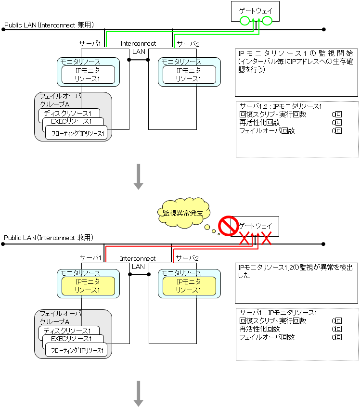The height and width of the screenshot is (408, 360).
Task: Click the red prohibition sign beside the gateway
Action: [229, 225]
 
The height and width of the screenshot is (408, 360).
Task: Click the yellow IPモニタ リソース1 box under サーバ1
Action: [88, 286]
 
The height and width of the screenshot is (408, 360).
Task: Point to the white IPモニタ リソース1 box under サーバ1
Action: [88, 74]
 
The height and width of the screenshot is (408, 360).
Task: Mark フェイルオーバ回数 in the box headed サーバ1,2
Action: [267, 130]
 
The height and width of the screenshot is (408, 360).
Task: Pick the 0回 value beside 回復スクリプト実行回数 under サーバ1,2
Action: [336, 115]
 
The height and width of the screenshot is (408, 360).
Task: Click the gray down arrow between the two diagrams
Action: [139, 176]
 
